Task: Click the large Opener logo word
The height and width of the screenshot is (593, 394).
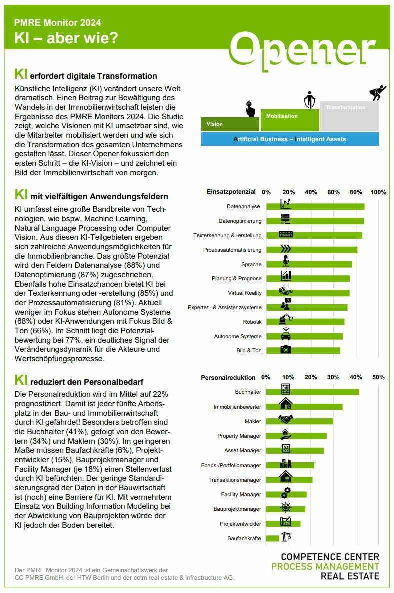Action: (303, 51)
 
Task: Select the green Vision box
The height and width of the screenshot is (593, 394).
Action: (230, 124)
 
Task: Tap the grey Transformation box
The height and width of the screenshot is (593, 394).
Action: (349, 116)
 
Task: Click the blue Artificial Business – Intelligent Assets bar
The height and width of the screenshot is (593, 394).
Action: (290, 139)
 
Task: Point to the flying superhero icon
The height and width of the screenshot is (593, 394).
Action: (377, 92)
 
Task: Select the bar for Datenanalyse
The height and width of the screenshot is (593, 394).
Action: (315, 206)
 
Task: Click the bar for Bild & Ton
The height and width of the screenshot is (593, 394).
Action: (303, 350)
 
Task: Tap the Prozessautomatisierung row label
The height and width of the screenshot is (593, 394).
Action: (232, 250)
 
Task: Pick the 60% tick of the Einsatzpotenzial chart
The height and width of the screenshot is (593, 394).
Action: (333, 192)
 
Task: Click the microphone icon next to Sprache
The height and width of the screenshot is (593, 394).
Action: (286, 261)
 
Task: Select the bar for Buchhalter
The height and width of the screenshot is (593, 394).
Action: (312, 392)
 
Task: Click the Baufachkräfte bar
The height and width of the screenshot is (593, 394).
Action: (272, 538)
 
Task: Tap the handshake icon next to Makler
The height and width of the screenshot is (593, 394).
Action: (286, 419)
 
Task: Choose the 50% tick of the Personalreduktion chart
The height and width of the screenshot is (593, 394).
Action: (378, 377)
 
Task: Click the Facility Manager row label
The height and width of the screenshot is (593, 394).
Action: (241, 494)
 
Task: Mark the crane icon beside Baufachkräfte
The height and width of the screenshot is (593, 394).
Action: (286, 536)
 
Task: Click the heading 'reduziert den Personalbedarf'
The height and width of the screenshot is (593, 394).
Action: (87, 382)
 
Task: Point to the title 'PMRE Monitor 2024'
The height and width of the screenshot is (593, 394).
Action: (58, 22)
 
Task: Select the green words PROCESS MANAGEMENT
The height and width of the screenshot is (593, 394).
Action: (325, 566)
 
